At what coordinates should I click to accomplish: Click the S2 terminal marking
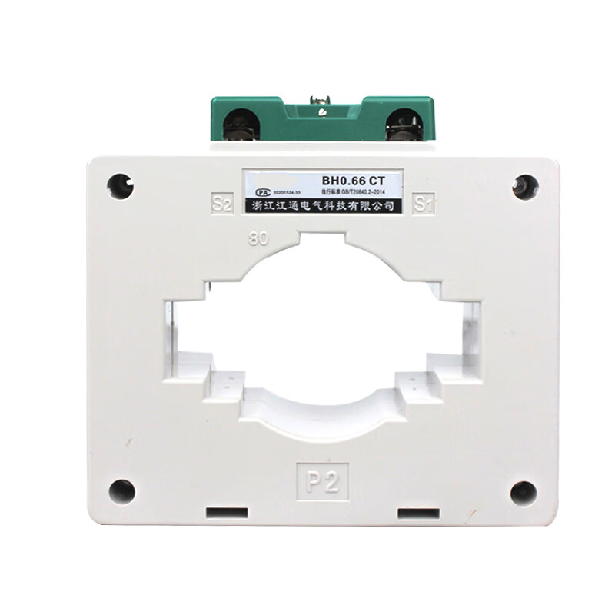point(221,204)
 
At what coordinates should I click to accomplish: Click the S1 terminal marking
point(424,204)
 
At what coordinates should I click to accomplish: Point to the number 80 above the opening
point(258,238)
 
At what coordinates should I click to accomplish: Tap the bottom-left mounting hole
point(121,491)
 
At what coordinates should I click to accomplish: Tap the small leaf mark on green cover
point(321,116)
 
